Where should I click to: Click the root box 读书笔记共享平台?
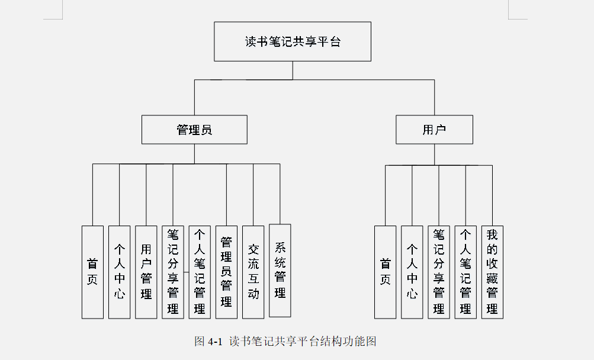293,41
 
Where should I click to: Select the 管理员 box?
194,130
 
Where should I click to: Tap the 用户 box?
434,130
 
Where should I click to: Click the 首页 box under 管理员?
92,272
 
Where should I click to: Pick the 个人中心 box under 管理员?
120,272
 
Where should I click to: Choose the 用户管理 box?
146,272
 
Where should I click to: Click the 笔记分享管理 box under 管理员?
173,272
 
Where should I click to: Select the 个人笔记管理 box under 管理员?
200,272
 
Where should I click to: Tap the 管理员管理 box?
226,272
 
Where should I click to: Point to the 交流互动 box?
253,272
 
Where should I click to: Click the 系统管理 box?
280,270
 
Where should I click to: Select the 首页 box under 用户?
386,272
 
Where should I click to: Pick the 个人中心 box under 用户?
412,272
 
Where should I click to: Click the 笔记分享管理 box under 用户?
439,272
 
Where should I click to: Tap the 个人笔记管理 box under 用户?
465,272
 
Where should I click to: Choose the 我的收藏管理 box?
492,272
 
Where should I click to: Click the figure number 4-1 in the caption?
214,342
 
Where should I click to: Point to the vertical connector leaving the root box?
293,70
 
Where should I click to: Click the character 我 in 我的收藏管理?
492,234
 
